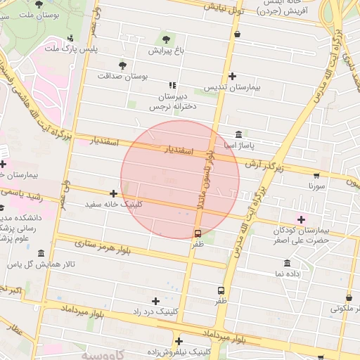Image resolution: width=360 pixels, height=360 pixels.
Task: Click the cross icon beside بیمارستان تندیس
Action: tap(233, 76)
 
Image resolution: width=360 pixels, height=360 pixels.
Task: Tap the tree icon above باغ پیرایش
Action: tap(166, 39)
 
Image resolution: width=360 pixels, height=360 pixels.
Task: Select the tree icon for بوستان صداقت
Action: tap(123, 65)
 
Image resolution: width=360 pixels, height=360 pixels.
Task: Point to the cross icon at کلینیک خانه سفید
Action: tap(113, 193)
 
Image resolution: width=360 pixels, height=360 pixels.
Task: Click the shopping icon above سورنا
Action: tap(316, 176)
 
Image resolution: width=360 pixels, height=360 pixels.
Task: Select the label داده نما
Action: tap(288, 273)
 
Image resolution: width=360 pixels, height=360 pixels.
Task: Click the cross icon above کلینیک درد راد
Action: tap(156, 301)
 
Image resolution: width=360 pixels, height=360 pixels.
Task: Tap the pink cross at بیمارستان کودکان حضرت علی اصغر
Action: tap(302, 219)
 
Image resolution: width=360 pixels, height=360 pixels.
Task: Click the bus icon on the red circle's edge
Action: tap(198, 233)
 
